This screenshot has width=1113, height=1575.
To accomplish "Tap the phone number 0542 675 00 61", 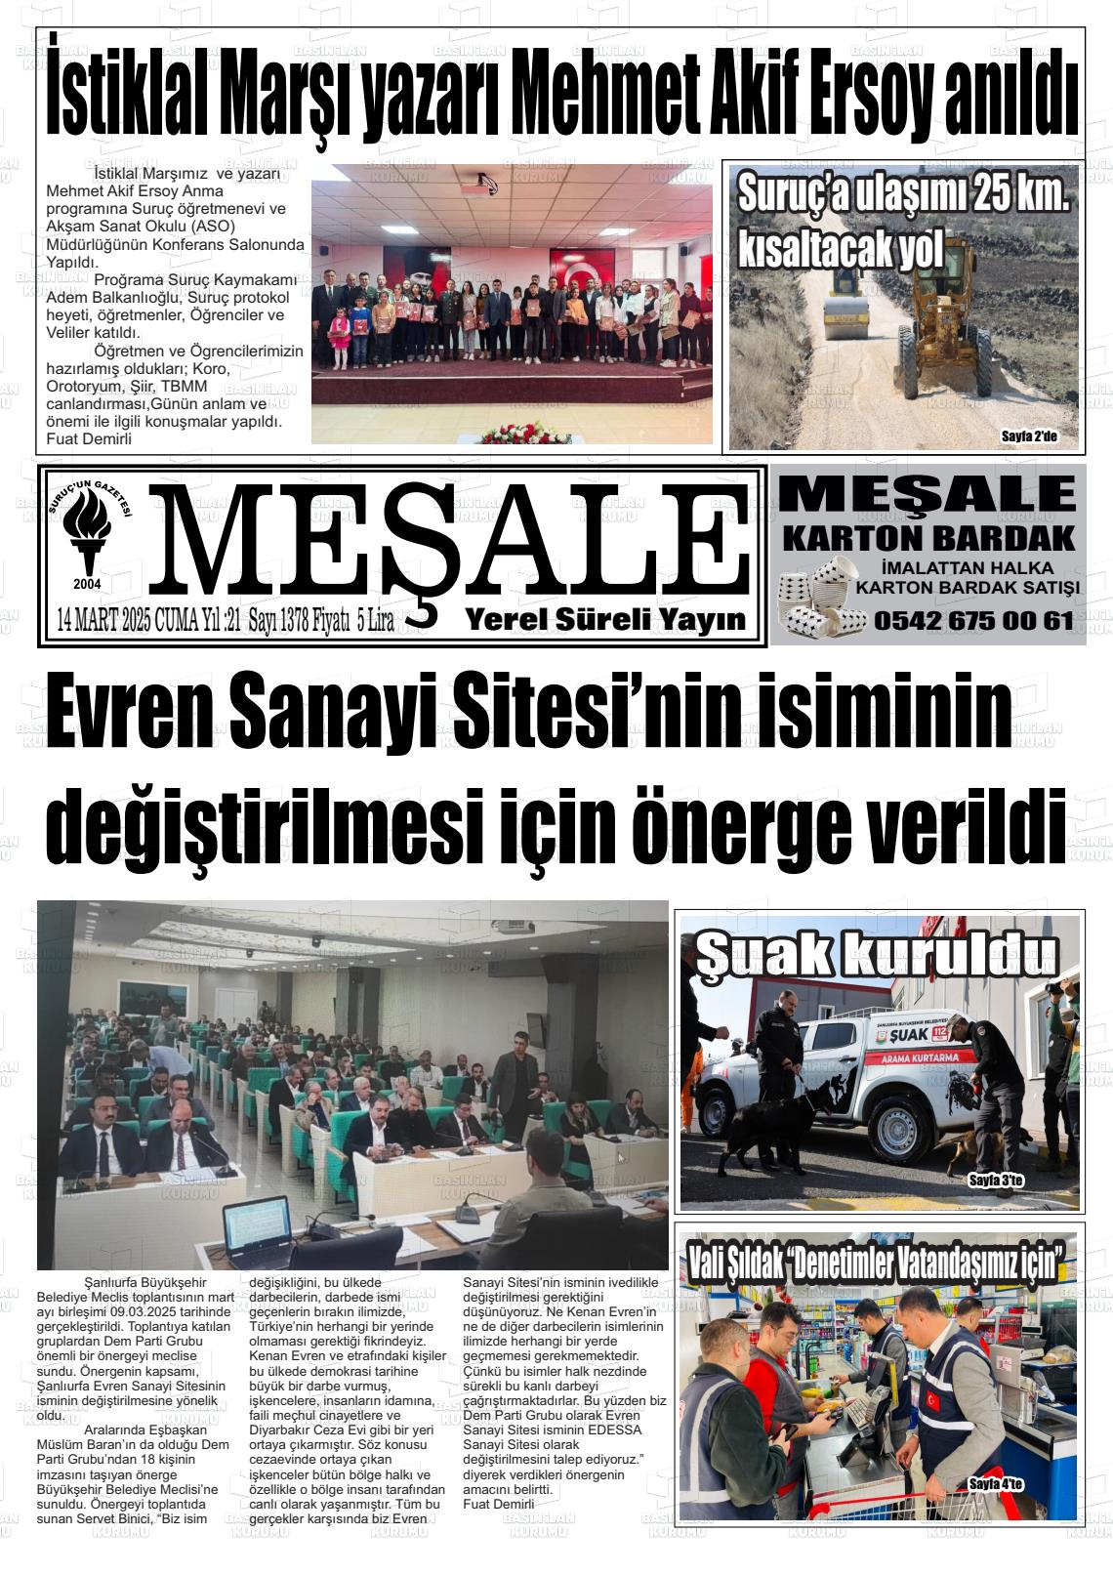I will (973, 619).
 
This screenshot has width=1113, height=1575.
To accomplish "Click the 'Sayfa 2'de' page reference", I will (1028, 436).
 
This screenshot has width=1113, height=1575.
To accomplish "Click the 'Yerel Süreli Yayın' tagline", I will (605, 619).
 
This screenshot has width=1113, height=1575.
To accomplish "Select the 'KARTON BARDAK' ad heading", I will (928, 537).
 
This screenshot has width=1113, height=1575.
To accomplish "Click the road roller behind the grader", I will (847, 311).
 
